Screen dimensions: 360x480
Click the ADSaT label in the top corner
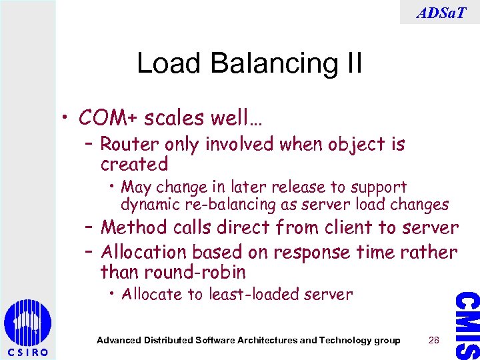pos(441,11)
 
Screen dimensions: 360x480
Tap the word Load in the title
pos(163,64)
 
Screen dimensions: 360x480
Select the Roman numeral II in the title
pos(350,64)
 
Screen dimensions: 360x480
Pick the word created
pos(134,163)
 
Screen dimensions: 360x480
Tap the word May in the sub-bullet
pos(137,187)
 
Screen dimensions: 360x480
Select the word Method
pos(133,228)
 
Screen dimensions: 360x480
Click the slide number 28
pos(434,340)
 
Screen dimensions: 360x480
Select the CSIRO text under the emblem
pos(27,352)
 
